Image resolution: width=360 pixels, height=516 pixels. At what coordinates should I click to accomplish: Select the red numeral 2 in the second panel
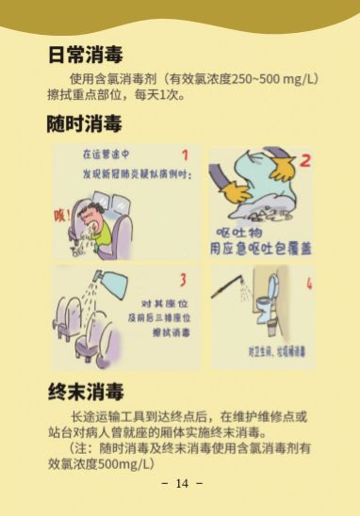click(303, 160)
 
